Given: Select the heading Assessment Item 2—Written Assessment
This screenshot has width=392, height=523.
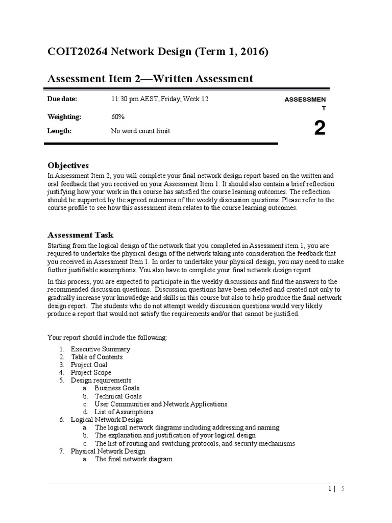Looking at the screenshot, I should coord(150,78).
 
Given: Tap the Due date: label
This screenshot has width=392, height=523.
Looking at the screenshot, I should coord(62,99).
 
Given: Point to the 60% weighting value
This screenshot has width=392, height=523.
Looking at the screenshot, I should coord(117,116).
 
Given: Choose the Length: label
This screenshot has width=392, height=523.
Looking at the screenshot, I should coord(59,131).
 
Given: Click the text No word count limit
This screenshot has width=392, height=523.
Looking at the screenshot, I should coord(140,131).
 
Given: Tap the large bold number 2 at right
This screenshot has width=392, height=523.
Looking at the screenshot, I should coord(320,129).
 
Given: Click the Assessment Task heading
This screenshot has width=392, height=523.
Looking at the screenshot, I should coord(84,235).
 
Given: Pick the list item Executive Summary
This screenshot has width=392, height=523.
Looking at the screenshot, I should coord(100,349).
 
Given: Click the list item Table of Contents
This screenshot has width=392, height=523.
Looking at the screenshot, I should coord(96,357).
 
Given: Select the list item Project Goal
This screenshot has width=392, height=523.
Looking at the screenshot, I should coord(89,365).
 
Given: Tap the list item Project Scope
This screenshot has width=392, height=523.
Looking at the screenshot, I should coord(91,373).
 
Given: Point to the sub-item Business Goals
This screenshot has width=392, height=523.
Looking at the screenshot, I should coord(117,388).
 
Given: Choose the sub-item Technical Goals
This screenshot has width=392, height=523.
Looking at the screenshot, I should coord(118,396).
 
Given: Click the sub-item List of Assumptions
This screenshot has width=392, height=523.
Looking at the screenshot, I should coord(124,412).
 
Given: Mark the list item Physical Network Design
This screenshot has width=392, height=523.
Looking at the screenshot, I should coord(108,451).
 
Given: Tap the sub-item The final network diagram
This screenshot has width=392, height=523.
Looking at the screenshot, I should coord(133,459).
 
